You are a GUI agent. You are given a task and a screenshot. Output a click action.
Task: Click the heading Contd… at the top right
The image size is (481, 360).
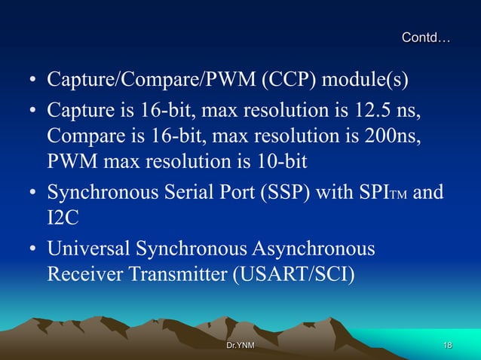click(426, 37)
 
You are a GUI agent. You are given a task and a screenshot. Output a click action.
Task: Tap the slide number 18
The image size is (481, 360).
click(447, 345)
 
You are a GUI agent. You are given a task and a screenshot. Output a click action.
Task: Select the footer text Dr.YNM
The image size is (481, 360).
click(240, 345)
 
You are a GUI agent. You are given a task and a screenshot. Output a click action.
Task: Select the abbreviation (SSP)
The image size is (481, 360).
click(282, 192)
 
